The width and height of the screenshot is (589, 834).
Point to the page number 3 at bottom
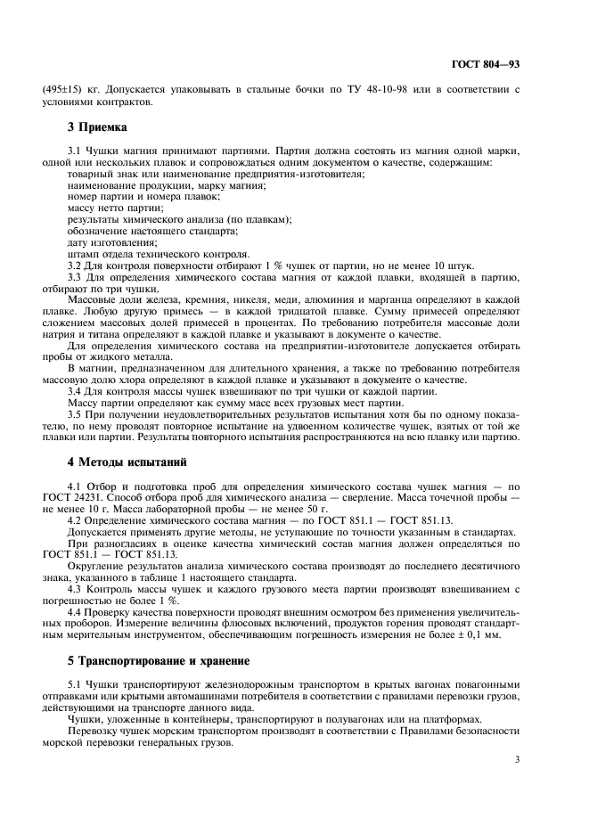coord(517,759)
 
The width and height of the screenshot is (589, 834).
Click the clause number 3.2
coord(76,266)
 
